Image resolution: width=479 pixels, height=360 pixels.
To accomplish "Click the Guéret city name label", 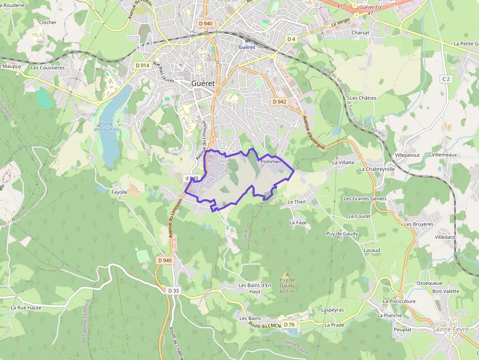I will pyautogui.click(x=203, y=84).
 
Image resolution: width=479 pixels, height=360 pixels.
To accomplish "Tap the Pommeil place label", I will pyautogui.click(x=270, y=162).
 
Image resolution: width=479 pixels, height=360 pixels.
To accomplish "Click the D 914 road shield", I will pyautogui.click(x=142, y=65).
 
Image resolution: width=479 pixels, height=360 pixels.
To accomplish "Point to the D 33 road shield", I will pyautogui.click(x=174, y=291).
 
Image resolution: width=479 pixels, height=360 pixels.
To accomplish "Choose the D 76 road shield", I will pyautogui.click(x=289, y=324).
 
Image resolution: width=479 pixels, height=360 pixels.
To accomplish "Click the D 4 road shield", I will pyautogui.click(x=291, y=39).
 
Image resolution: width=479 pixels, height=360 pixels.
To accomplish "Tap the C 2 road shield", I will pyautogui.click(x=445, y=79).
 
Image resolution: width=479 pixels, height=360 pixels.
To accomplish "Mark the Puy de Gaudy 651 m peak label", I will pyautogui.click(x=287, y=285).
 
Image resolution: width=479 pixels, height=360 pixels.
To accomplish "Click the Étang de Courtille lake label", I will pyautogui.click(x=106, y=126).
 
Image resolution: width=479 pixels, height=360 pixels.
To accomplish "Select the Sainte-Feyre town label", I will pyautogui.click(x=450, y=330).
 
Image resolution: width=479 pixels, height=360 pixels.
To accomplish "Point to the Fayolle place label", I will pyautogui.click(x=119, y=192).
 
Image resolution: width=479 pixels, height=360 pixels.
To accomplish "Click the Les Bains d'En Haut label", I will pyautogui.click(x=255, y=288).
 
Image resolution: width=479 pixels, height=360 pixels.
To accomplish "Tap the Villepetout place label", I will pyautogui.click(x=407, y=155).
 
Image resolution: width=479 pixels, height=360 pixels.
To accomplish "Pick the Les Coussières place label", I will pyautogui.click(x=47, y=68).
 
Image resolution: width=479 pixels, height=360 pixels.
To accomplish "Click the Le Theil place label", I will pyautogui.click(x=296, y=202).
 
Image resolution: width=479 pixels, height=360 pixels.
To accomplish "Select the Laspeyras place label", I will pyautogui.click(x=332, y=310).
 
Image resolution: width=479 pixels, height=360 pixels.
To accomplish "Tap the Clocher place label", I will pyautogui.click(x=47, y=22).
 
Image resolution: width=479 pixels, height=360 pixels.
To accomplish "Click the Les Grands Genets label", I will pyautogui.click(x=365, y=199).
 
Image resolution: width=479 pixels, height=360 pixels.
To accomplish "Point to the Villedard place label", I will pyautogui.click(x=444, y=237).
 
